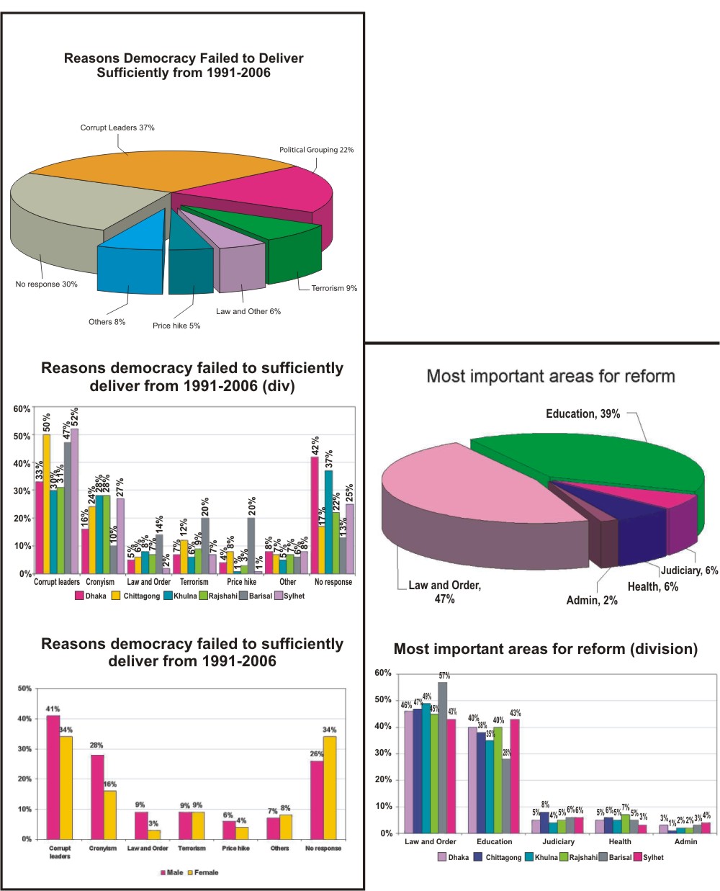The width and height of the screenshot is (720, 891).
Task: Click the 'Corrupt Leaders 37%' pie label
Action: coord(117,127)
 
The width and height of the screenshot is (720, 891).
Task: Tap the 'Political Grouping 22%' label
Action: coord(316,150)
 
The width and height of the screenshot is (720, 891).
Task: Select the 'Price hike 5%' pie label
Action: coord(176,326)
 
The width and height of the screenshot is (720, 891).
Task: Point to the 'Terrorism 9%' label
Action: coord(334,288)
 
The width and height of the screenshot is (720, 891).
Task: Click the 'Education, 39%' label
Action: coord(582,413)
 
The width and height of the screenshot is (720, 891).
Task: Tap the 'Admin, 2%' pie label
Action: coord(592,600)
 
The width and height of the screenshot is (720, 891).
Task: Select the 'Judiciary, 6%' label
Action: coord(689,570)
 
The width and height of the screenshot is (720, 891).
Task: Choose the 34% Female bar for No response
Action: coord(330,787)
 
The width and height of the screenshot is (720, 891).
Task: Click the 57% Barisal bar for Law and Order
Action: coord(442,757)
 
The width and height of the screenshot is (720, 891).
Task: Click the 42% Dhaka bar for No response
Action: coord(315,515)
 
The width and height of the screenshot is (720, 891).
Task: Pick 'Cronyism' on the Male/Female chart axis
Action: coord(102,849)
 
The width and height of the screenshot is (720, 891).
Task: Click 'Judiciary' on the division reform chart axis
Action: coord(558,841)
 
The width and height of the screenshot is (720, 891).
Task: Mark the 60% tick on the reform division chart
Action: coord(383,673)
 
